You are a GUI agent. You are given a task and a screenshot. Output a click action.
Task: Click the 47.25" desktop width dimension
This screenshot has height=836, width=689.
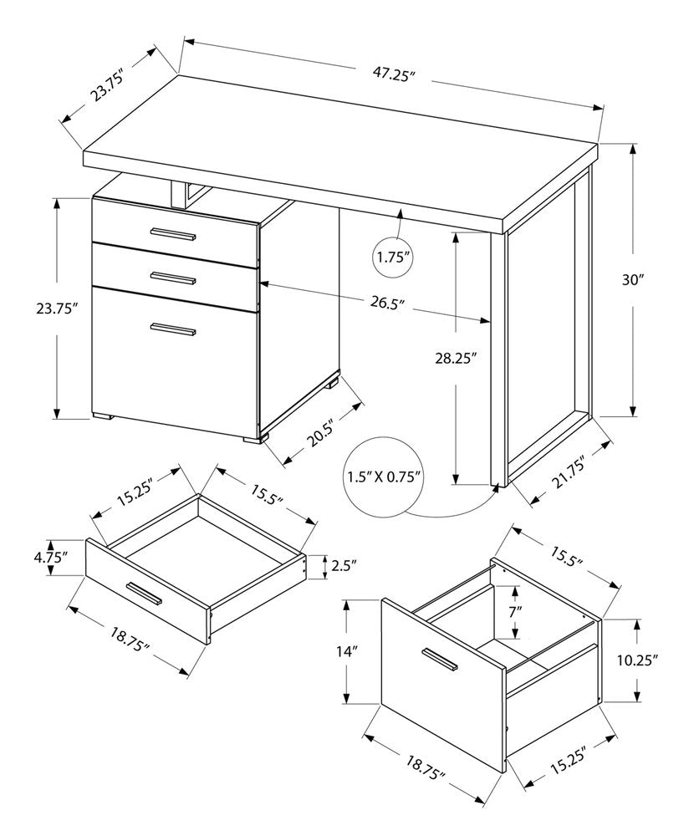tap(393, 74)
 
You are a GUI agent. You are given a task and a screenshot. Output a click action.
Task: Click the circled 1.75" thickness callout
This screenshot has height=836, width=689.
tap(393, 257)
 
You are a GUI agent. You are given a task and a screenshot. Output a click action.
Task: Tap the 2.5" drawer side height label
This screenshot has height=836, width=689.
tap(344, 566)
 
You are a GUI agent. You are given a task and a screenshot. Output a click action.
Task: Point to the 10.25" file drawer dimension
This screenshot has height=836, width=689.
tap(638, 660)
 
